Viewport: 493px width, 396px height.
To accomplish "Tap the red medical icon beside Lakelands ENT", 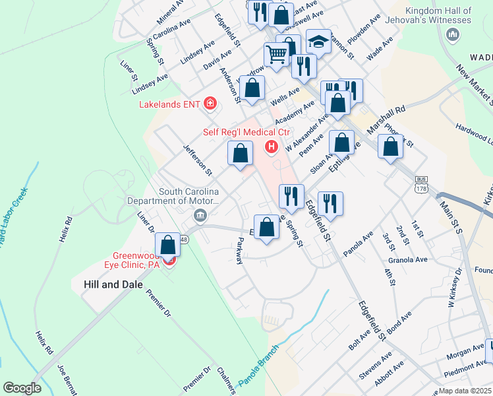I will pos(210,103).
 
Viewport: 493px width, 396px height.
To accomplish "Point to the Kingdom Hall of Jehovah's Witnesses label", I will pos(439,16).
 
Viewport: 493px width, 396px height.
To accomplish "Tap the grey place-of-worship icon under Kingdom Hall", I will pos(453,34).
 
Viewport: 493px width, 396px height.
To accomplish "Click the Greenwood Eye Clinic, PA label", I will pos(136,260).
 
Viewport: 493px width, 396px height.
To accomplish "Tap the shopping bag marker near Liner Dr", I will pos(168,245).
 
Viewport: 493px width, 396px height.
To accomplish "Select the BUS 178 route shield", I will pos(422,184).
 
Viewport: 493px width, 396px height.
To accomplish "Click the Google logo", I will pos(22,388).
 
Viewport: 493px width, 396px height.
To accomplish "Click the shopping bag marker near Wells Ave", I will pos(252,88).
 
